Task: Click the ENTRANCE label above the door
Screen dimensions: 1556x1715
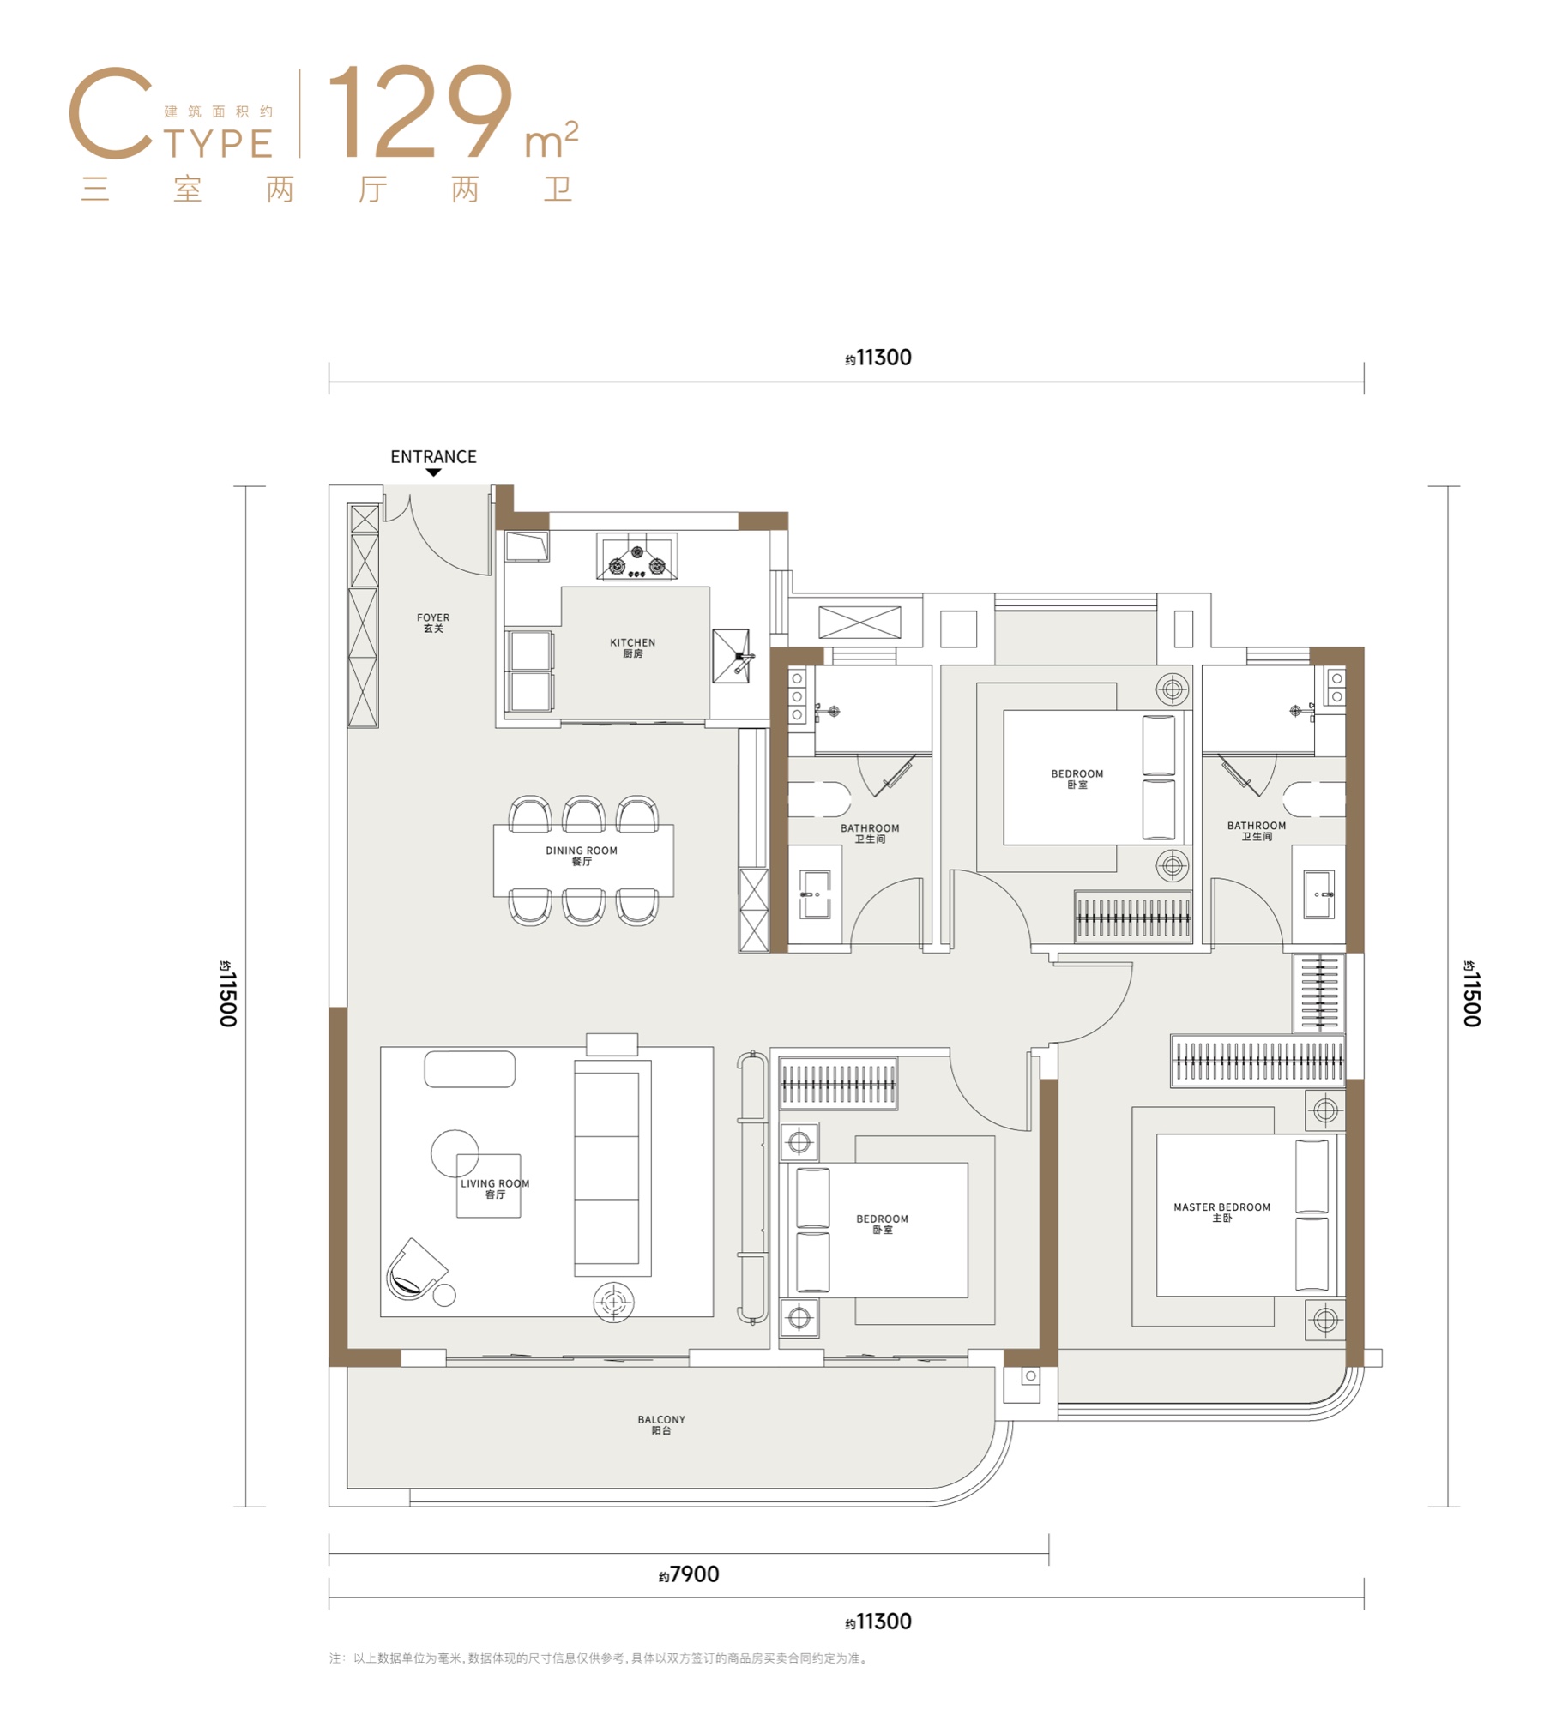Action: [433, 457]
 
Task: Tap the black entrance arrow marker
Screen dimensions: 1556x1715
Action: [433, 472]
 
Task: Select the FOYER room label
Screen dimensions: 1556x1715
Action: [433, 623]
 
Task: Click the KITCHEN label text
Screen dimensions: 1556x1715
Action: [633, 647]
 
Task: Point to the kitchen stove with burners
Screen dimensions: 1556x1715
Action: [636, 557]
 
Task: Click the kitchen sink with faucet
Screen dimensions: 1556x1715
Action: [732, 656]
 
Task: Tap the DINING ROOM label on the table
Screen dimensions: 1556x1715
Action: [582, 856]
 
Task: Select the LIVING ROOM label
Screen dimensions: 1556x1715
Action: [495, 1188]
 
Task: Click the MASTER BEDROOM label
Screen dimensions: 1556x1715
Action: [1222, 1212]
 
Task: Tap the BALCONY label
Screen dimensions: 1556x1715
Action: [661, 1424]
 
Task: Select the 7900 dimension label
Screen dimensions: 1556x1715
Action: [689, 1574]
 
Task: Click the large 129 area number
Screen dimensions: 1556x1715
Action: [420, 111]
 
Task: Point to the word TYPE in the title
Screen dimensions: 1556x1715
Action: [219, 144]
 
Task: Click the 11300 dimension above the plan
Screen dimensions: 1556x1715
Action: [878, 358]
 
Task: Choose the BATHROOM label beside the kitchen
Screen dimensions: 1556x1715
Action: [870, 833]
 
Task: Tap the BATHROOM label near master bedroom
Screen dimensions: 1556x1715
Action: [1257, 831]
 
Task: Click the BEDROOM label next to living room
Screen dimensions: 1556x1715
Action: [882, 1224]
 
